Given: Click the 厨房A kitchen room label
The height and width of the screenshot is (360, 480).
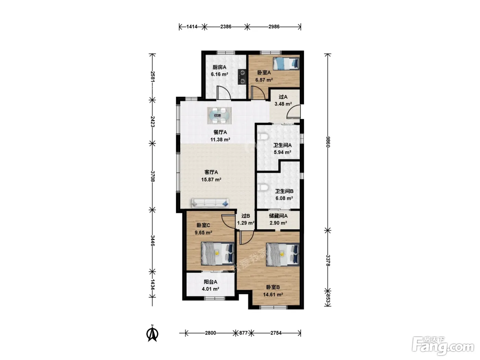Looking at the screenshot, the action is click(x=219, y=67).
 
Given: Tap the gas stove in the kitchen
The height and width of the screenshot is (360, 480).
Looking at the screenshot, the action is click(x=242, y=77).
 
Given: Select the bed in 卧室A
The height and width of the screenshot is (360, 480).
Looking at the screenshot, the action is click(x=286, y=64).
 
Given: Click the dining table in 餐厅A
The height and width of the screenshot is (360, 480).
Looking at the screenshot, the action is click(x=219, y=116).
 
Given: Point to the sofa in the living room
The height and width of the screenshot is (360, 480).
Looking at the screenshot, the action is click(x=210, y=203).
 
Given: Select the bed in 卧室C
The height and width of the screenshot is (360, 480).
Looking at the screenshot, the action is click(x=218, y=254).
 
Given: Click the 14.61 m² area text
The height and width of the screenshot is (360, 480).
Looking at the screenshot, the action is click(x=273, y=295).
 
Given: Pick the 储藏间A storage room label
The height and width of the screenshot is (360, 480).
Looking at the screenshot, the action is click(x=278, y=216).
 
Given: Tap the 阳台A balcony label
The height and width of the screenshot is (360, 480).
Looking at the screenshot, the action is click(x=211, y=282).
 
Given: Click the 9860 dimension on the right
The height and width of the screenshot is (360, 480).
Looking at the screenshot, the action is click(x=327, y=142).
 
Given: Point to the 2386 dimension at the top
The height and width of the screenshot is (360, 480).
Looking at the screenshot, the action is click(x=226, y=27).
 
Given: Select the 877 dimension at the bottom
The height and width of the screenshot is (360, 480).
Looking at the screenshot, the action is click(x=243, y=333).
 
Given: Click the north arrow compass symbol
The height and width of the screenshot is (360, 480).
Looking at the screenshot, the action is click(x=152, y=333).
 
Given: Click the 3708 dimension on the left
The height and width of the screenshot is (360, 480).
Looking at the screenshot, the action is click(x=153, y=176).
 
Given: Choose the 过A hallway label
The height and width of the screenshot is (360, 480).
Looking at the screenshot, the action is click(x=283, y=97).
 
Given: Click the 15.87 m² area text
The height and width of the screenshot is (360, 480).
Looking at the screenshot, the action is click(x=211, y=180).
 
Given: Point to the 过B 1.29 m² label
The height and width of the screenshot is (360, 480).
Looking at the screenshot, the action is click(x=245, y=219).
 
